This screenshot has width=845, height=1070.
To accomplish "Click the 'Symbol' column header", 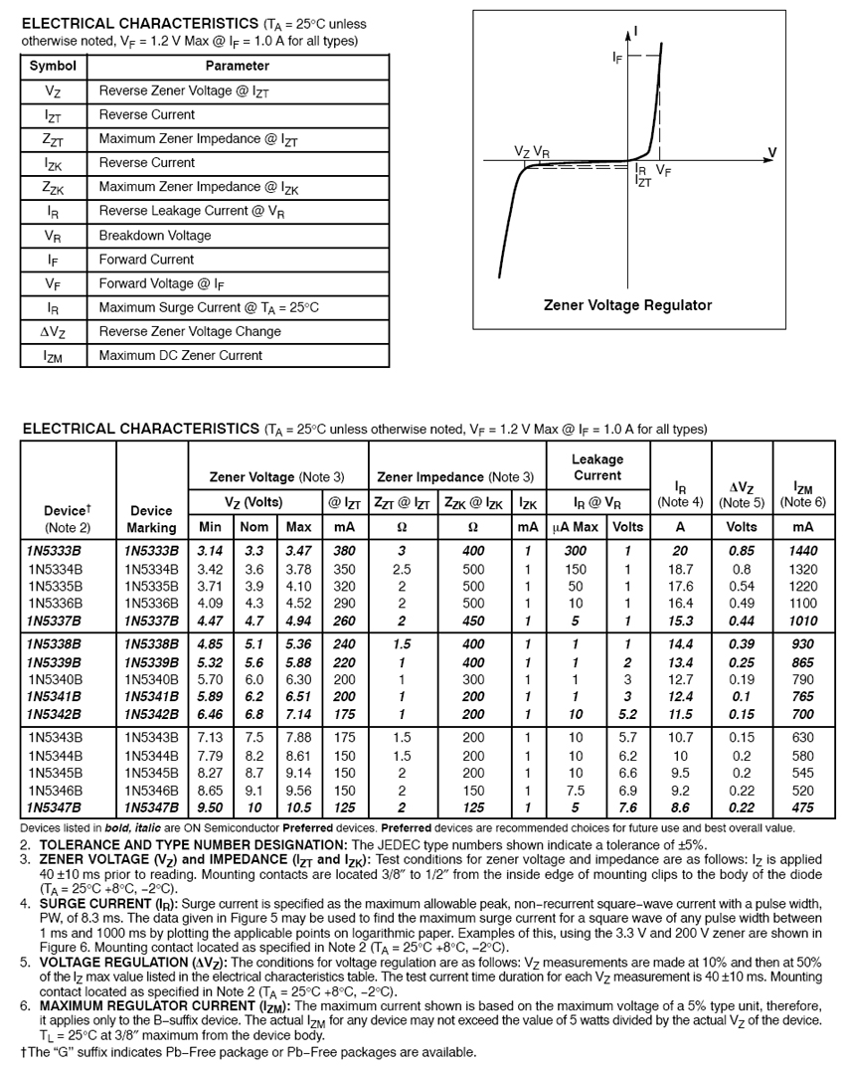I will (x=53, y=67).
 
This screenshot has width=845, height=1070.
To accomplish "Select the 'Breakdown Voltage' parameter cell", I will (x=154, y=236).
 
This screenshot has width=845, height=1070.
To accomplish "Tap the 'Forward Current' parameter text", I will (x=146, y=260).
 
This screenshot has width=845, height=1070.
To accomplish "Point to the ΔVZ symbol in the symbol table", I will (x=53, y=331).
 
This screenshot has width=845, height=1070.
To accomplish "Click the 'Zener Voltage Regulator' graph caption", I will (x=627, y=305).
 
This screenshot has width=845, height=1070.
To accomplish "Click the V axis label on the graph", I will (x=772, y=151).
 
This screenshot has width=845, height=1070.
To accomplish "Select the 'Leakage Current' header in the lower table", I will (x=597, y=467).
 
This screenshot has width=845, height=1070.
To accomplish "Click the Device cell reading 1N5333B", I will (x=55, y=551).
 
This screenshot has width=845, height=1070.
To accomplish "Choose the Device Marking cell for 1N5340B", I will (x=151, y=680).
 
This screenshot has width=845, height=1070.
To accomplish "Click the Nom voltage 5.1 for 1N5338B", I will (x=254, y=644).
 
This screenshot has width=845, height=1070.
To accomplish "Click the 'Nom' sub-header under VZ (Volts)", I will (x=255, y=527).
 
